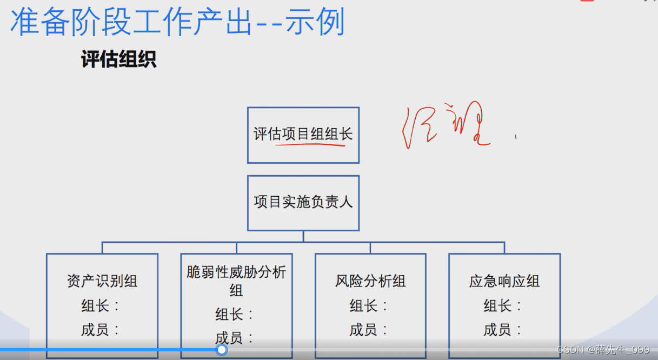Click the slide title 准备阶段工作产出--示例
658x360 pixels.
(177, 22)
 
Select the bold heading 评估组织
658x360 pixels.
(119, 59)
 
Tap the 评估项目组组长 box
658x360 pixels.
(303, 135)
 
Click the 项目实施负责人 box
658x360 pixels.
(303, 202)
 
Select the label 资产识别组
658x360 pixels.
(102, 281)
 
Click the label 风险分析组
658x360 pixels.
(370, 281)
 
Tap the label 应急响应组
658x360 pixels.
(504, 281)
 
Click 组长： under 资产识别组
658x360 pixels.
(101, 306)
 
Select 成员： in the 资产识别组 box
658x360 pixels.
(101, 330)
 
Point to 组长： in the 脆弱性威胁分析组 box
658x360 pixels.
(235, 314)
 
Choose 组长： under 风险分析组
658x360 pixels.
(369, 306)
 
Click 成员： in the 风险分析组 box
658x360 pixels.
(369, 330)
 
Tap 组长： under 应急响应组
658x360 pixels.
(503, 306)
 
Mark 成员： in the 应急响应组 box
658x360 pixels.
(503, 330)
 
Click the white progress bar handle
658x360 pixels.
(222, 350)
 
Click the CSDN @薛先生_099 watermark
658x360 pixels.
(603, 350)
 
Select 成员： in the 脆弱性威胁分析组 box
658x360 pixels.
(235, 338)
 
